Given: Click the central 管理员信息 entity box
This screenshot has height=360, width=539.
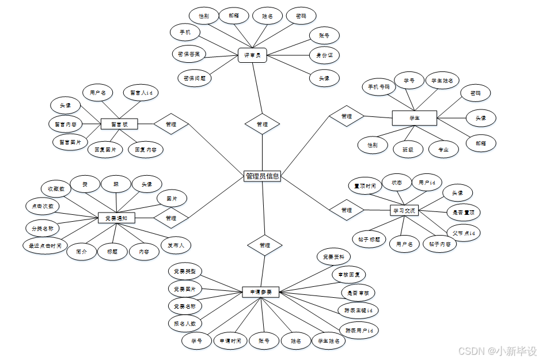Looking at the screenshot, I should coord(262,176).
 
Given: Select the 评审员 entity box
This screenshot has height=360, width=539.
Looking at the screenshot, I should coord(252,55).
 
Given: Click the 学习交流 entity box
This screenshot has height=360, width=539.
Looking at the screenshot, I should coord(404,210).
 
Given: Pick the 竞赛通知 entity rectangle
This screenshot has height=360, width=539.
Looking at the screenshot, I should coord(116,218).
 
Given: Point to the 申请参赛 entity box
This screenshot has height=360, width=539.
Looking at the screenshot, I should coord(260,292).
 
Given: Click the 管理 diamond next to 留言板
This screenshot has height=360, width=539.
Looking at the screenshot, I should coord(171,124).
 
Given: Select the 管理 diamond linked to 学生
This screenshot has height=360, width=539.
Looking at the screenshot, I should coord(346,116).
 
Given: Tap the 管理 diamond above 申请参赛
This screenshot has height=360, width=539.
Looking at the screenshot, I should coord(264,245).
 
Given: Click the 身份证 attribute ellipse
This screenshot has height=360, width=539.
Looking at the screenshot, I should coord(324,55).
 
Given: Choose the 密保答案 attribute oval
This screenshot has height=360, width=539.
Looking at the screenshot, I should coord(189,55).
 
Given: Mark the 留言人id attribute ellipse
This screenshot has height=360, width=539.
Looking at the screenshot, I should coord(141,92).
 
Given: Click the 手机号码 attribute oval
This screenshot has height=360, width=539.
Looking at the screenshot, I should coord(379,88).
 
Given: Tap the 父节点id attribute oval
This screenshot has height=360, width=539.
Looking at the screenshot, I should coord(464,233).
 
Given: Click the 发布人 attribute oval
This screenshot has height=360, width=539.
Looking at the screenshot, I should coord(176,245).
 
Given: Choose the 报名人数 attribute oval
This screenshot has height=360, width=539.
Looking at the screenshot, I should coord(185,324).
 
